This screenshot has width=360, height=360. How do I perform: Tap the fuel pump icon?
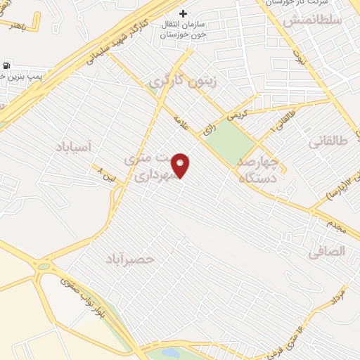(7, 67)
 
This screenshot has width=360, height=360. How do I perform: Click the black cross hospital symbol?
(183, 13)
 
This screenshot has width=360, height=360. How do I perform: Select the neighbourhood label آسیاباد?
(73, 146)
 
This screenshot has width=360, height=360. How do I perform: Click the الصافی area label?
(328, 250)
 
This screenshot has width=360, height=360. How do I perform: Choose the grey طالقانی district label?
(328, 141)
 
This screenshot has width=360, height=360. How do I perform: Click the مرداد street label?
(337, 295)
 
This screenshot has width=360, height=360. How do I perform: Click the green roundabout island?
(44, 266)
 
